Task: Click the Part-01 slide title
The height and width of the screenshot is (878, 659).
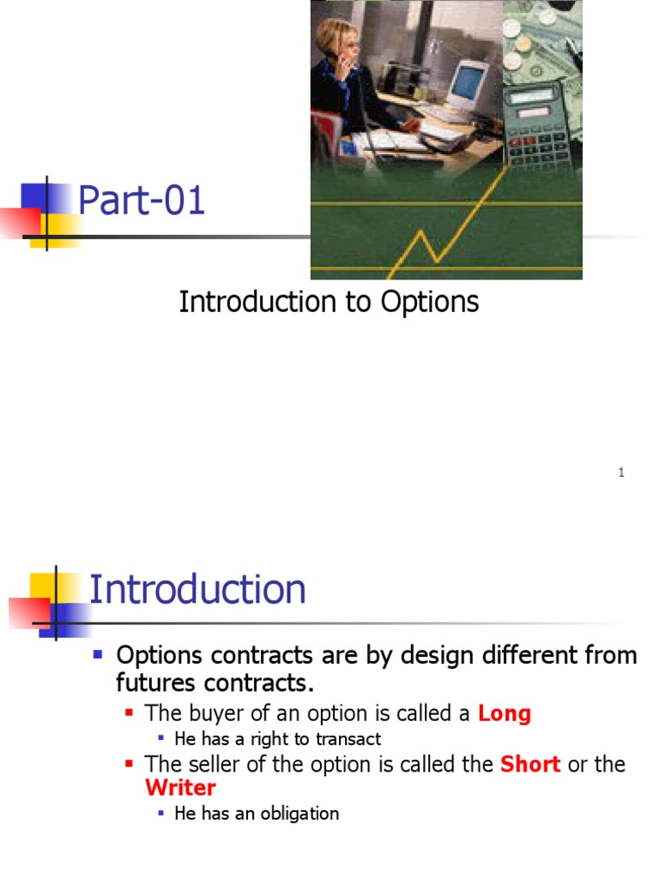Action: click(142, 201)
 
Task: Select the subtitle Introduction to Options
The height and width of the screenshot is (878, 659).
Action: click(329, 302)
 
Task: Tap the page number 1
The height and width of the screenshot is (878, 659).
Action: click(621, 472)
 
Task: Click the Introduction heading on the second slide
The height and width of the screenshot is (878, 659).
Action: click(197, 590)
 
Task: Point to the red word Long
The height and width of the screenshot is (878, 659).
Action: click(505, 713)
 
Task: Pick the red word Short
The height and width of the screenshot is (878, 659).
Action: click(529, 764)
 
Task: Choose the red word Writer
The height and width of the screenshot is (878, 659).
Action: click(180, 788)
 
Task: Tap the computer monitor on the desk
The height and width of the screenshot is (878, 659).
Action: click(469, 84)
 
